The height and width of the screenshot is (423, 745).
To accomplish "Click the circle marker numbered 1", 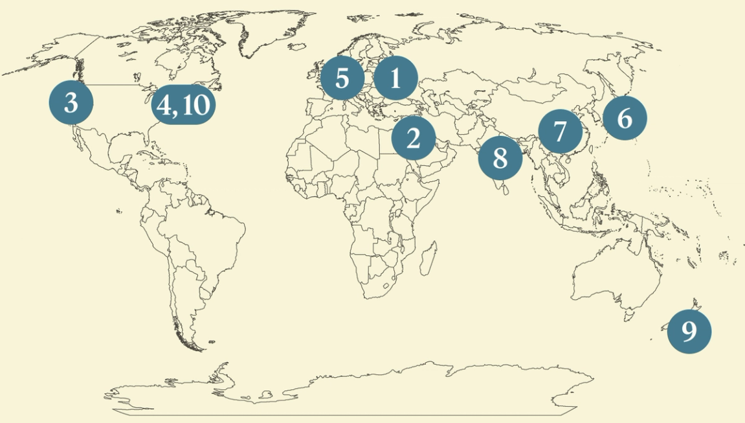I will tap(395, 79).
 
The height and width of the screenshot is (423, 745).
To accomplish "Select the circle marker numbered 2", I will tap(413, 138).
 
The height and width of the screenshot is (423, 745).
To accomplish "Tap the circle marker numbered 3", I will tap(71, 102).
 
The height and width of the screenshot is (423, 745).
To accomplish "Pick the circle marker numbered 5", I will tap(342, 78).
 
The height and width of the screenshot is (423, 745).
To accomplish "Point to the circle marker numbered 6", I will tap(624, 119).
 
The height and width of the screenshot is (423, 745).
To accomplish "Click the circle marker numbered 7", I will tap(560, 131).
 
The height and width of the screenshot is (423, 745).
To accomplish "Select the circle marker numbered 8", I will tap(500, 157).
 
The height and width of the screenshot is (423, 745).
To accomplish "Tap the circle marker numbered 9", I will tap(689, 331).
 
